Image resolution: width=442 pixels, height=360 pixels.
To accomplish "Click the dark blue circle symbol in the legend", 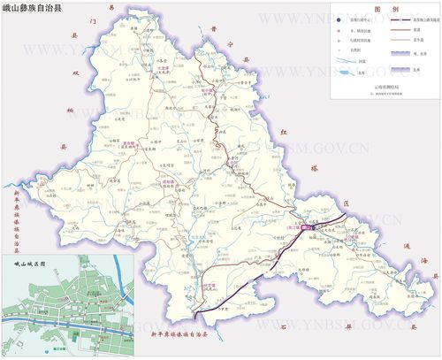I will [x=339, y=18].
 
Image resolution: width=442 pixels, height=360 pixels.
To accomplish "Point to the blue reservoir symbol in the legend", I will [x=339, y=72].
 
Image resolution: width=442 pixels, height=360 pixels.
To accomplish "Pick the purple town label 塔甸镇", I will [x=168, y=182].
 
